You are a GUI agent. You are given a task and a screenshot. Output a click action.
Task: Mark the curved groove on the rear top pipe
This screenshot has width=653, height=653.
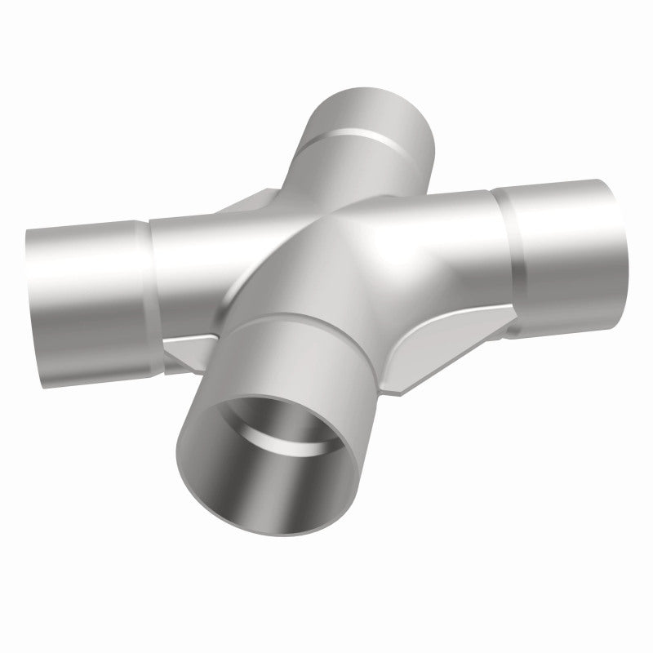point(359,135)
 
